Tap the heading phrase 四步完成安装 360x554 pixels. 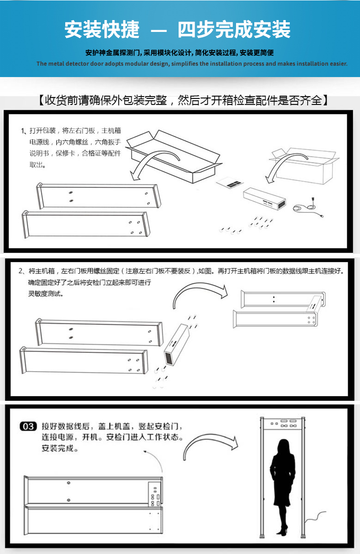pyautogui.click(x=234, y=30)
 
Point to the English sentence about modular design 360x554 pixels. pyautogui.click(x=192, y=64)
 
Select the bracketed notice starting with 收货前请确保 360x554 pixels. pyautogui.click(x=182, y=100)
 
